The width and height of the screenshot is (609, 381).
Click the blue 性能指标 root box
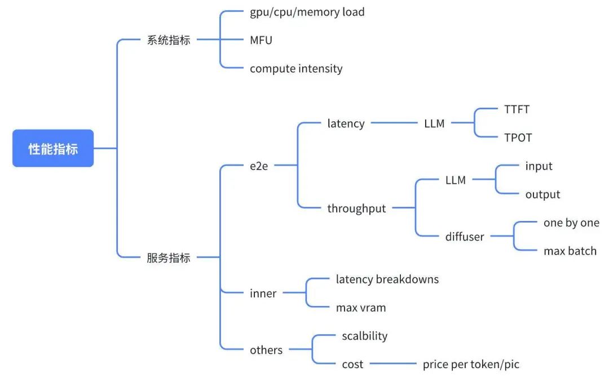pos(53,149)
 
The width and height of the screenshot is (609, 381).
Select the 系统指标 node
pos(168,40)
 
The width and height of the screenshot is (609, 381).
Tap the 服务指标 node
pos(168,258)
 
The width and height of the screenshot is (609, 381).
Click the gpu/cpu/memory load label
pos(307,12)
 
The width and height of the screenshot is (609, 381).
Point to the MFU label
pos(261,40)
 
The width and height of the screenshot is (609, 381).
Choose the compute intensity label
pos(296,69)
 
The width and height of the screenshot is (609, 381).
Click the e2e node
pos(259,166)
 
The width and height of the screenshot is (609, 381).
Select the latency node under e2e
pos(346,123)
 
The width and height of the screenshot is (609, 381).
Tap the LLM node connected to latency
pos(434,123)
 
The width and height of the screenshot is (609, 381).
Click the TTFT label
pos(517,109)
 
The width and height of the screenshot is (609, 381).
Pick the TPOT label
pos(518,138)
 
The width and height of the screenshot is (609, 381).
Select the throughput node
pos(356,209)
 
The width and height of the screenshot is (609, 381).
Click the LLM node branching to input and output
pos(455,180)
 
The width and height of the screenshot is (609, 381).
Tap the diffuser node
pos(465,237)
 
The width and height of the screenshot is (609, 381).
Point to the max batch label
pos(570,251)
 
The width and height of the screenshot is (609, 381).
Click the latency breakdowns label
pos(387,279)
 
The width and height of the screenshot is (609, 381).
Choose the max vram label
pos(361,308)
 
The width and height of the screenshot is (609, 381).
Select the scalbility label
pos(364,336)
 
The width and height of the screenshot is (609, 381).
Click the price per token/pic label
pos(471,365)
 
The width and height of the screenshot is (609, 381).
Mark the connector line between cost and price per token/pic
pos(393,365)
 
